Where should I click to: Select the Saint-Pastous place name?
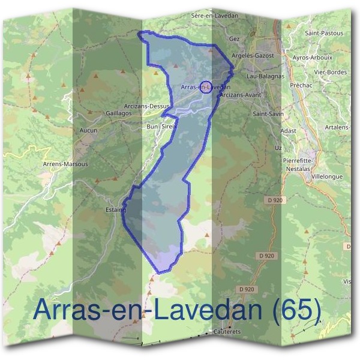325,33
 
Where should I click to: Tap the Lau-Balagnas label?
265,77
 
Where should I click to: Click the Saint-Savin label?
268,113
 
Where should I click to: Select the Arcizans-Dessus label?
148,106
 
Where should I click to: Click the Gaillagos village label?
118,112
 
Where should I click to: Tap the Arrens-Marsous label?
66,164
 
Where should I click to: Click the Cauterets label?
226,331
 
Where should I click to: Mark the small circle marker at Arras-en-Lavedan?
205,87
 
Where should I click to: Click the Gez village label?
235,38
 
